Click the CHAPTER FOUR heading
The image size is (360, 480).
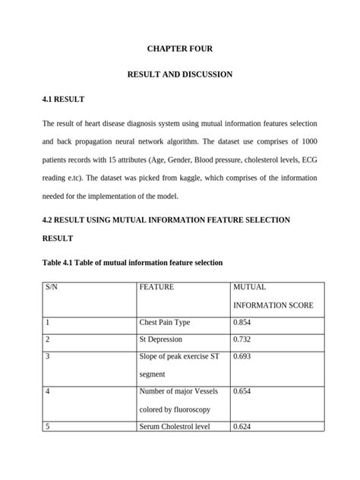179,49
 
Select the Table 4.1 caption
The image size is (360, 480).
132,262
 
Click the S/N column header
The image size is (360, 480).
52,288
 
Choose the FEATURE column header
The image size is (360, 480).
156,288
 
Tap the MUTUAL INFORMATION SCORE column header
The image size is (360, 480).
273,296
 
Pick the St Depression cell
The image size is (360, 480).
160,339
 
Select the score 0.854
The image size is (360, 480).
242,323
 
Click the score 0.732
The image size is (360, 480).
242,339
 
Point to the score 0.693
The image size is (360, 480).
242,356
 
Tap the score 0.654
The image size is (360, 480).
242,391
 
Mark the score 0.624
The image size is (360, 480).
242,427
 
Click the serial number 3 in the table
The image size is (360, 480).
48,356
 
